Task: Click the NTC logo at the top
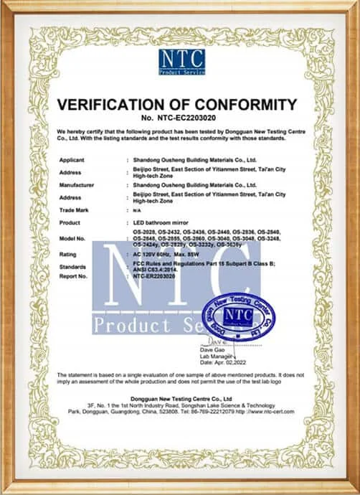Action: [181, 62]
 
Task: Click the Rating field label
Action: [68, 253]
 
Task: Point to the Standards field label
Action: [73, 266]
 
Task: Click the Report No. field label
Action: [75, 275]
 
